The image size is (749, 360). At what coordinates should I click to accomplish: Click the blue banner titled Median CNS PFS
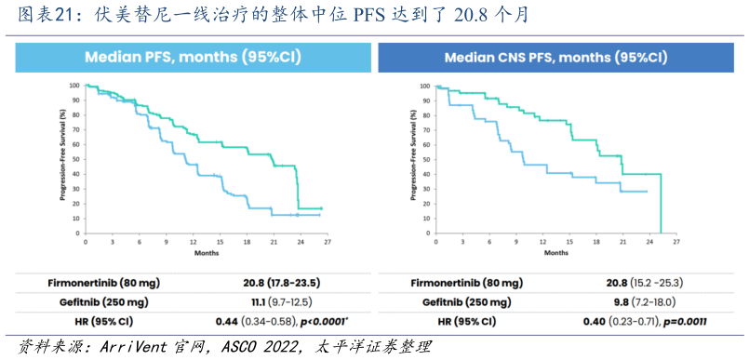pos(555,57)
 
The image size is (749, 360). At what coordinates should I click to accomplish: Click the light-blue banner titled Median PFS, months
pos(193,57)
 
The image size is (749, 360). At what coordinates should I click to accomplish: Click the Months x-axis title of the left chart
pos(207,252)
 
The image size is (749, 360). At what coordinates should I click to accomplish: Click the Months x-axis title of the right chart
pos(555,252)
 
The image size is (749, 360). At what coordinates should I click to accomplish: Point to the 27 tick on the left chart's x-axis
pos(328,241)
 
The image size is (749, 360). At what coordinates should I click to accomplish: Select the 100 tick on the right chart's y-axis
pos(424,86)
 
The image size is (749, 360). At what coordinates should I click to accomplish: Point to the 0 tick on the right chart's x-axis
pos(434,241)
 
